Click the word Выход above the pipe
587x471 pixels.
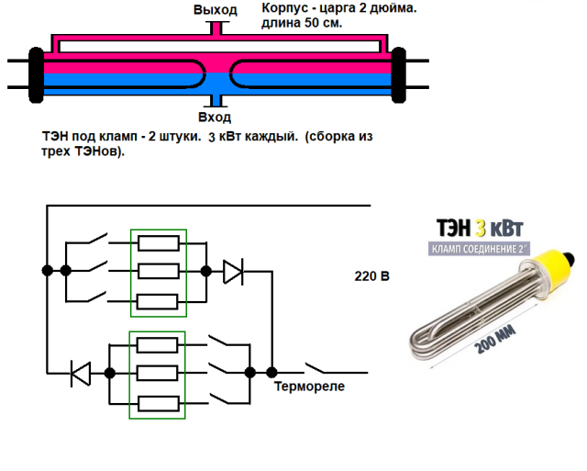[x=215, y=10]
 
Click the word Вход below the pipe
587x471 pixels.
[x=215, y=118]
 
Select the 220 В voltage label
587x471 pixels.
[x=371, y=275]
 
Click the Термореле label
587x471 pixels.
[x=309, y=387]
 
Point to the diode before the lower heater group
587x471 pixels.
[x=82, y=373]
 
